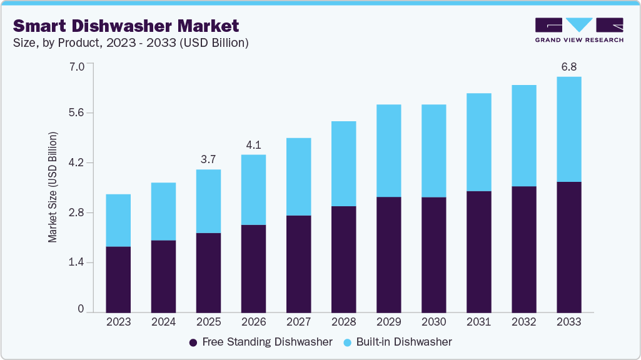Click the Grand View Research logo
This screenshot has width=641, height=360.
pyautogui.click(x=579, y=30)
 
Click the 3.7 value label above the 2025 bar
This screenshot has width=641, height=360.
pyautogui.click(x=208, y=159)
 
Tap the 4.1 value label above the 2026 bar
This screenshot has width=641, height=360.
pyautogui.click(x=253, y=144)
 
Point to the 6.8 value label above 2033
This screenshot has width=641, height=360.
pyautogui.click(x=568, y=66)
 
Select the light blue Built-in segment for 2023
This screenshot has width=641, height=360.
pyautogui.click(x=118, y=220)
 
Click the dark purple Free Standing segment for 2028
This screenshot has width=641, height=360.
pyautogui.click(x=343, y=259)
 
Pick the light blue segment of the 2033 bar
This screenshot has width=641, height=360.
pyautogui.click(x=568, y=129)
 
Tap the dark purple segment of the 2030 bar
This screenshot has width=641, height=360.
pyautogui.click(x=433, y=254)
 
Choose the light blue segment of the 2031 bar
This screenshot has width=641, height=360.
pyautogui.click(x=478, y=142)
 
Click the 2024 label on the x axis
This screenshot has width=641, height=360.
pyautogui.click(x=163, y=322)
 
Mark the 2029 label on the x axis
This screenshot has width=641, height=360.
pyautogui.click(x=388, y=322)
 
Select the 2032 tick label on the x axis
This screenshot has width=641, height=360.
pyautogui.click(x=523, y=322)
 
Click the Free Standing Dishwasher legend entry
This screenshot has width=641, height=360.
pyautogui.click(x=260, y=342)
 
